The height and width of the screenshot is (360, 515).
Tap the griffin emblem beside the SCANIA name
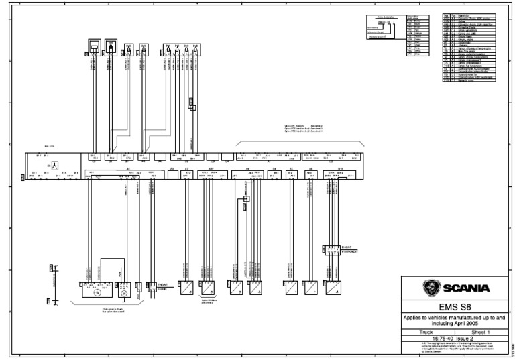pyautogui.click(x=431, y=288)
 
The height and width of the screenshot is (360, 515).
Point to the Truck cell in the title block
pyautogui.click(x=426, y=331)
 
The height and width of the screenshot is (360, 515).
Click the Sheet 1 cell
pyautogui.click(x=479, y=331)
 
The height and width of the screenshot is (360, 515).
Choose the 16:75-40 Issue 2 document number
pyautogui.click(x=451, y=337)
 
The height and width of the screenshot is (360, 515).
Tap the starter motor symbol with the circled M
pyautogui.click(x=123, y=293)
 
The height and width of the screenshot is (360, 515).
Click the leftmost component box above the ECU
pyautogui.click(x=95, y=47)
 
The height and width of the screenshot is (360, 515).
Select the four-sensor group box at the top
pyautogui.click(x=181, y=50)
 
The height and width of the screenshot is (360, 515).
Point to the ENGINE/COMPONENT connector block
pyautogui.click(x=331, y=250)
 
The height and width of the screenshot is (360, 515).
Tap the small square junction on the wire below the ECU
pyautogui.click(x=246, y=198)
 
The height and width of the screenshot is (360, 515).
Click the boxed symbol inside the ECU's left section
pyautogui.click(x=56, y=165)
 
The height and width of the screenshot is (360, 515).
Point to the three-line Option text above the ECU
pyautogui.click(x=304, y=128)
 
